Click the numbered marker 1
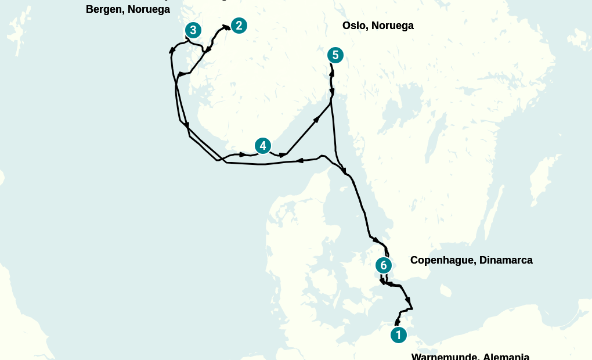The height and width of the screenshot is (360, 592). [398, 335]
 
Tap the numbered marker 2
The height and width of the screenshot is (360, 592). [239, 26]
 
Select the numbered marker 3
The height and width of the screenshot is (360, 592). [193, 30]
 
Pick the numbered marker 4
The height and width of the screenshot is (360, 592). [262, 146]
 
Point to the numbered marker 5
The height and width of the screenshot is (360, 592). [335, 55]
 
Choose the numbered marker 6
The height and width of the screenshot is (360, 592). [383, 265]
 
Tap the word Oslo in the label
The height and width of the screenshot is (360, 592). [355, 26]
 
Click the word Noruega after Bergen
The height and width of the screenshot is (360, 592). [149, 9]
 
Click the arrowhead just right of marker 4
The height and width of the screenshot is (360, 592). [283, 155]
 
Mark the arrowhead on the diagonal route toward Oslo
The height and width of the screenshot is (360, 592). [317, 120]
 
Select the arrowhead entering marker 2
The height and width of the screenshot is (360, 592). [226, 27]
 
